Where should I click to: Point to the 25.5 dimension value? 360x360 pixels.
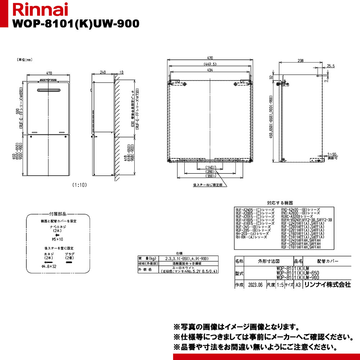tap(331, 66)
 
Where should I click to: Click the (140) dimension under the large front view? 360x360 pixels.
tap(209, 167)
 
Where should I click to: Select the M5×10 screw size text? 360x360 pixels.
tap(58, 239)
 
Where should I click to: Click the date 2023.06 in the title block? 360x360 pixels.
tap(255, 284)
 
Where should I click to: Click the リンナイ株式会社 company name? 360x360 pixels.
tap(327, 284)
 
